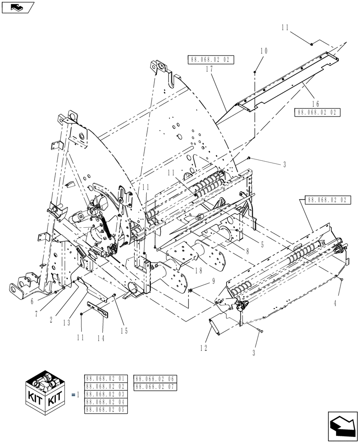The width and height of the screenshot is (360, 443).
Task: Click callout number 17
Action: [210, 70]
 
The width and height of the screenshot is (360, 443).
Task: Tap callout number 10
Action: [264, 51]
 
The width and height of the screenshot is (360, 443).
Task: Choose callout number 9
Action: [200, 280]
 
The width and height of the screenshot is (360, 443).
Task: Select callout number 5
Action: [262, 244]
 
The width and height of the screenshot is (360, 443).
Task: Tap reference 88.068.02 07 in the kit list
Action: [155, 387]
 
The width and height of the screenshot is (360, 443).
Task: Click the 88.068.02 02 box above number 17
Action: [211, 60]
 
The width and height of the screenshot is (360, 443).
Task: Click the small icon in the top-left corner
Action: [18, 7]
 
